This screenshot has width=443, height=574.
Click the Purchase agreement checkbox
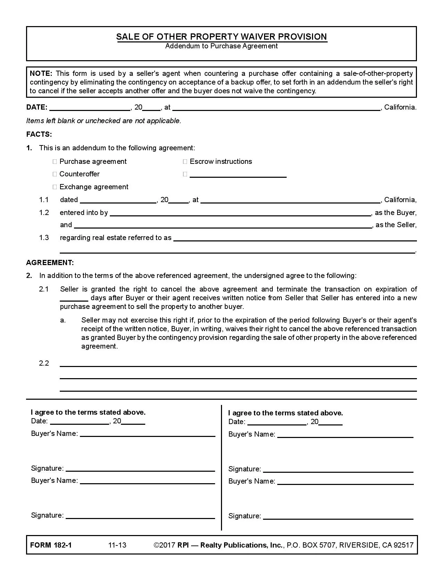(x=55, y=162)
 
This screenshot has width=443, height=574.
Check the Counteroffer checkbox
(x=55, y=174)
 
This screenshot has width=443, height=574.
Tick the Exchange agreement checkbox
(x=55, y=187)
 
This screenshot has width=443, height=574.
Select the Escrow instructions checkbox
(x=185, y=162)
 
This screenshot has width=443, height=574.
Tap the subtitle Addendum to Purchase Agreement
(x=221, y=46)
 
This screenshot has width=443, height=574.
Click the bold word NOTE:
(x=41, y=73)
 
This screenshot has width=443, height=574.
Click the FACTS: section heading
(x=39, y=134)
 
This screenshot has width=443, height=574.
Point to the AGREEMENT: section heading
(x=50, y=263)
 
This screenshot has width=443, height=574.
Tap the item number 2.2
(x=44, y=364)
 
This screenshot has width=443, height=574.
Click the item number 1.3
(x=44, y=238)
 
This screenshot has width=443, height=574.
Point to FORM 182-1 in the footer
(x=51, y=545)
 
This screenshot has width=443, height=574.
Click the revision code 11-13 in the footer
(x=117, y=545)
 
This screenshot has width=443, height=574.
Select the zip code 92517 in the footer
(x=403, y=545)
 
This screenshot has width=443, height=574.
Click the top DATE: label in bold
(x=37, y=107)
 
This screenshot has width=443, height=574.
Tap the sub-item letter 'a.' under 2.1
(x=63, y=320)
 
